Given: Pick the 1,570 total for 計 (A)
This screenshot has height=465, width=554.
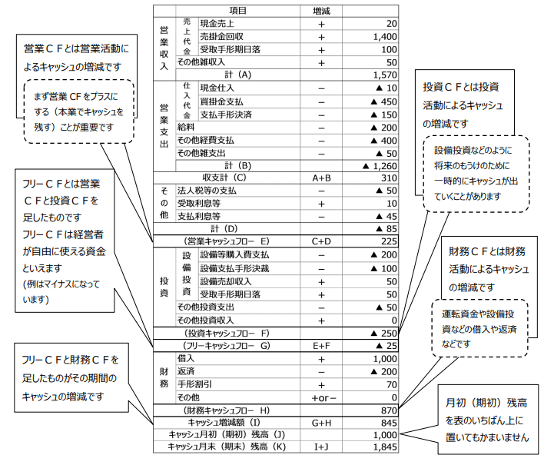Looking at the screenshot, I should point(382,75).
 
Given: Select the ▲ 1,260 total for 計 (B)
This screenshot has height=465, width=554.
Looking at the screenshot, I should point(377,165).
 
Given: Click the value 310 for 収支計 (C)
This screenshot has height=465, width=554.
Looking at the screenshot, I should point(388,178).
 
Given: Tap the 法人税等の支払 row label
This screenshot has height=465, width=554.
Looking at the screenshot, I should point(207,190).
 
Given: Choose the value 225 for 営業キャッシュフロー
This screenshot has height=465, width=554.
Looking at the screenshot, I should point(388,241).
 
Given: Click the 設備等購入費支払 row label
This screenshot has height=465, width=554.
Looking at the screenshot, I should point(234,254).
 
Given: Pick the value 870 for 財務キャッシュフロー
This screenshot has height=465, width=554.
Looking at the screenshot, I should point(388,410).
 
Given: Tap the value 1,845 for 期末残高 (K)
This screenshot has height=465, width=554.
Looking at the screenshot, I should point(383,447).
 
